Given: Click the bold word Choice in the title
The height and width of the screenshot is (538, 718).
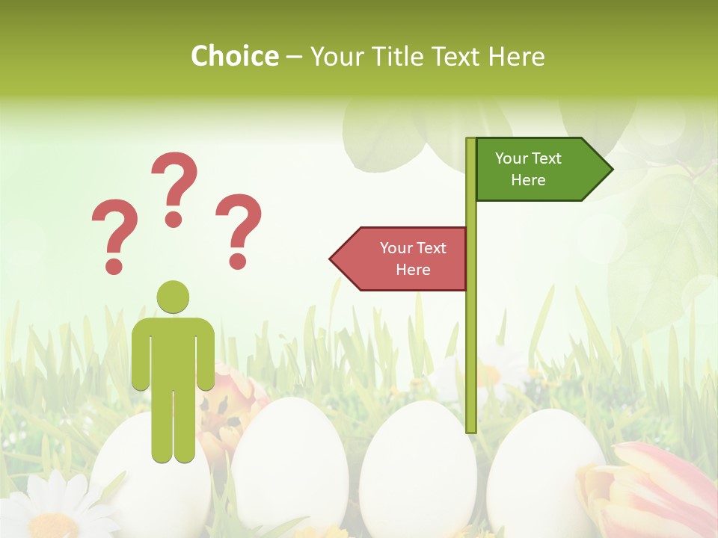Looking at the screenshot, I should pos(234,57).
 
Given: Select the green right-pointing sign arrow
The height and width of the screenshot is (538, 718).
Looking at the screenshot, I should pos(542,170).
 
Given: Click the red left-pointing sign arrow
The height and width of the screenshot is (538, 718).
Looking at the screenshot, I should pos(400,259).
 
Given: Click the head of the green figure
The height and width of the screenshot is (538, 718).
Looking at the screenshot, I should pos(173,297).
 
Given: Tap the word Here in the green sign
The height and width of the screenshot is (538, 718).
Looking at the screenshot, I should pos(528,180).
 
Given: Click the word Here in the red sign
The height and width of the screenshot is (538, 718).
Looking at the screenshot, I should pos(413,270).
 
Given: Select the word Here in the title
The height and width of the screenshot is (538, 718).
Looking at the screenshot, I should pos(516,57).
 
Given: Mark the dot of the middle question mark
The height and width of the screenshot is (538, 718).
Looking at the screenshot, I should pos(174,219).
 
